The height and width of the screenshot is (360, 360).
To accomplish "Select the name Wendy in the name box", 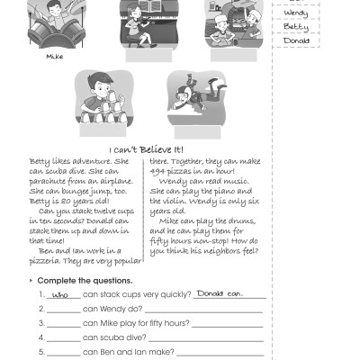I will pyautogui.click(x=295, y=13).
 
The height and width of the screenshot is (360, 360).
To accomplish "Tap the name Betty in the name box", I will pyautogui.click(x=295, y=27).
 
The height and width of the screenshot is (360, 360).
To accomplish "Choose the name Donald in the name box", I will pyautogui.click(x=296, y=40).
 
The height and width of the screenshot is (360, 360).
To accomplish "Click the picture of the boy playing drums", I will pyautogui.click(x=51, y=22).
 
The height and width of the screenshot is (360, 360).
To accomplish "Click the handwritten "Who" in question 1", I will pyautogui.click(x=60, y=294).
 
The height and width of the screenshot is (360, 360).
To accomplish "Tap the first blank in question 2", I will pyautogui.click(x=60, y=309).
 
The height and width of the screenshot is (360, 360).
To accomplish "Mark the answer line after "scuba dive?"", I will pyautogui.click(x=216, y=337).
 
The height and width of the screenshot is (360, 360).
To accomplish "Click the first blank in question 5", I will pyautogui.click(x=60, y=352).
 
